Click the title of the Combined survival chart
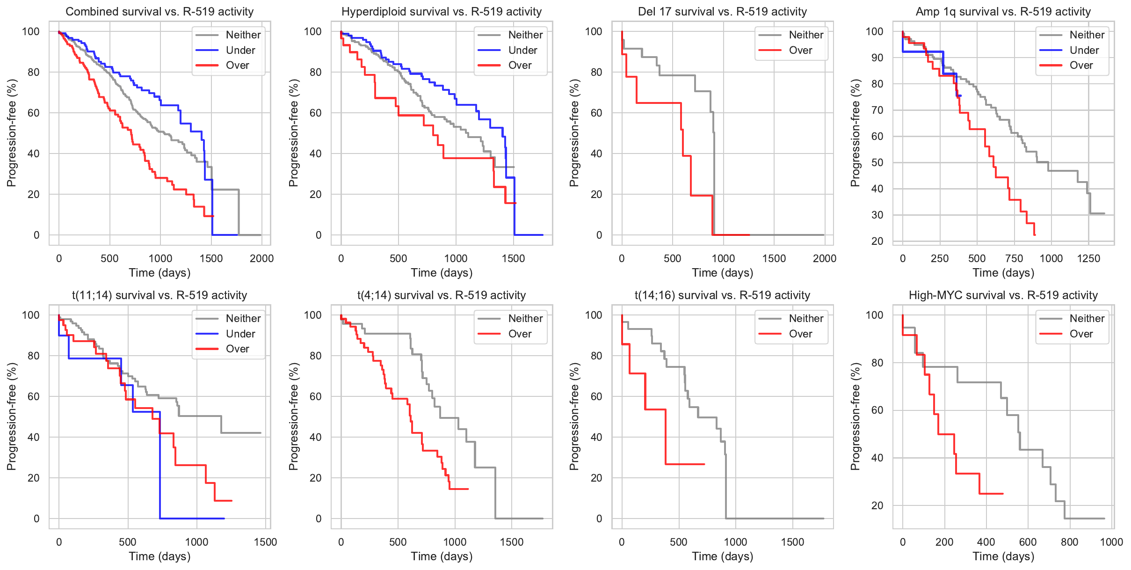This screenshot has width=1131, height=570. (159, 12)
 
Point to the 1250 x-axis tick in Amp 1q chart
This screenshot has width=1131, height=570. (1088, 258)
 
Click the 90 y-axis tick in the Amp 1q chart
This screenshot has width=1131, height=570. (874, 58)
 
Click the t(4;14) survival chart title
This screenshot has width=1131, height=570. (442, 295)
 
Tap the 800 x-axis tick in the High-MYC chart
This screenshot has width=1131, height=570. (1069, 542)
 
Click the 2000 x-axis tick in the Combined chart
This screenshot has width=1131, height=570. (261, 258)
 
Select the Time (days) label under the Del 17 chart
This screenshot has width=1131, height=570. (722, 273)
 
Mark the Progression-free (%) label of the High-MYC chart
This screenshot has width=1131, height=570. (855, 417)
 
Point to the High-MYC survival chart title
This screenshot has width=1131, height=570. (1003, 295)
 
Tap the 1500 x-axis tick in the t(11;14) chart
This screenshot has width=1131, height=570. (265, 542)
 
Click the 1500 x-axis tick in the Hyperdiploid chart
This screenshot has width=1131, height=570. (513, 258)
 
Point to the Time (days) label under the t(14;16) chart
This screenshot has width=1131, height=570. (722, 556)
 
